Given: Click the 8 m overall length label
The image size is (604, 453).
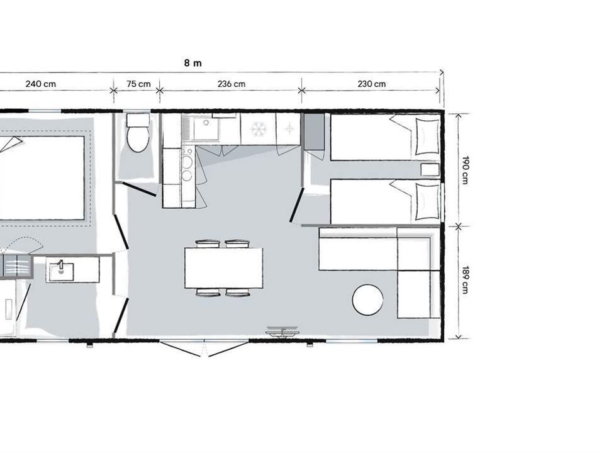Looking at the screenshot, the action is pyautogui.click(x=193, y=63).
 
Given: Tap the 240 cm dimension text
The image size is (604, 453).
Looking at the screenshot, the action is pyautogui.click(x=40, y=84).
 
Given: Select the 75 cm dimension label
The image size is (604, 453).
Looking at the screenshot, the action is pyautogui.click(x=138, y=84).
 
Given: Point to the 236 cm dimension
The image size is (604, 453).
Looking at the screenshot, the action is pyautogui.click(x=231, y=84).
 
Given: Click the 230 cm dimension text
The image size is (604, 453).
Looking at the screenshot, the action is pyautogui.click(x=371, y=84).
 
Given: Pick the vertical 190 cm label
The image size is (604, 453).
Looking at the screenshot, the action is pyautogui.click(x=466, y=170).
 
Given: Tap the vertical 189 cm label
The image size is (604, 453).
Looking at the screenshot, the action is pyautogui.click(x=466, y=279).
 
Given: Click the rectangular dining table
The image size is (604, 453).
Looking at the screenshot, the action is pyautogui.click(x=224, y=268).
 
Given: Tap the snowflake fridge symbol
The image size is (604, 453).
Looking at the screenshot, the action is pyautogui.click(x=259, y=129).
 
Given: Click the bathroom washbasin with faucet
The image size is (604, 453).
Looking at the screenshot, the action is pyautogui.click(x=61, y=269).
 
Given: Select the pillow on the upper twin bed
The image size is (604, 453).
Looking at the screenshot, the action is pyautogui.click(x=427, y=137).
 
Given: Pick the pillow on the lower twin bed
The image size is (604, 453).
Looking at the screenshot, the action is pyautogui.click(x=427, y=201).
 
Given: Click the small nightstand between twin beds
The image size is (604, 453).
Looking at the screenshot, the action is pyautogui.click(x=430, y=169).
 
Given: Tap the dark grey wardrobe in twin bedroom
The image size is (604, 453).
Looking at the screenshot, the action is pyautogui.click(x=315, y=131).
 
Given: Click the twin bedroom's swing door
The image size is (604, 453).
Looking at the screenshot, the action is pyautogui.click(x=296, y=205).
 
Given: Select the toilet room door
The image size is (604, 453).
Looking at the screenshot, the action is pyautogui.click(x=139, y=189).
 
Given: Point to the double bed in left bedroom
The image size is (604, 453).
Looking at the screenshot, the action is pyautogui.click(x=42, y=178).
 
